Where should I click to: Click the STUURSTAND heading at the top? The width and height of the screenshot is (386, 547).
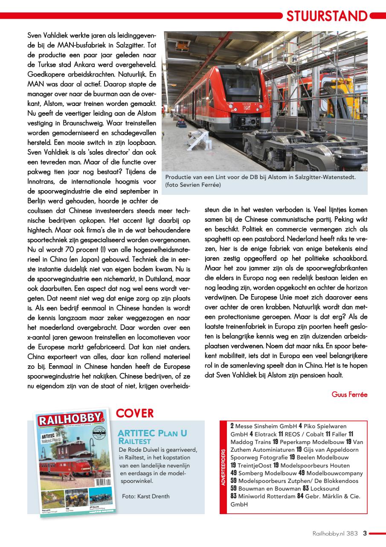327,16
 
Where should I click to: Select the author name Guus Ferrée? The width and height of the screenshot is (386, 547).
349,394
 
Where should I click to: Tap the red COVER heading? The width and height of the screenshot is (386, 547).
134,413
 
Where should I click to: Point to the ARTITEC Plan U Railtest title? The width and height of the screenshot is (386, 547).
152,436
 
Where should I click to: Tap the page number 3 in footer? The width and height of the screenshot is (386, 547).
365,533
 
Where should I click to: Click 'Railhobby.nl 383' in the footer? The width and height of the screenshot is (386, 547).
335,533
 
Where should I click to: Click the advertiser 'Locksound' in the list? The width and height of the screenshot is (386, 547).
325,488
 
